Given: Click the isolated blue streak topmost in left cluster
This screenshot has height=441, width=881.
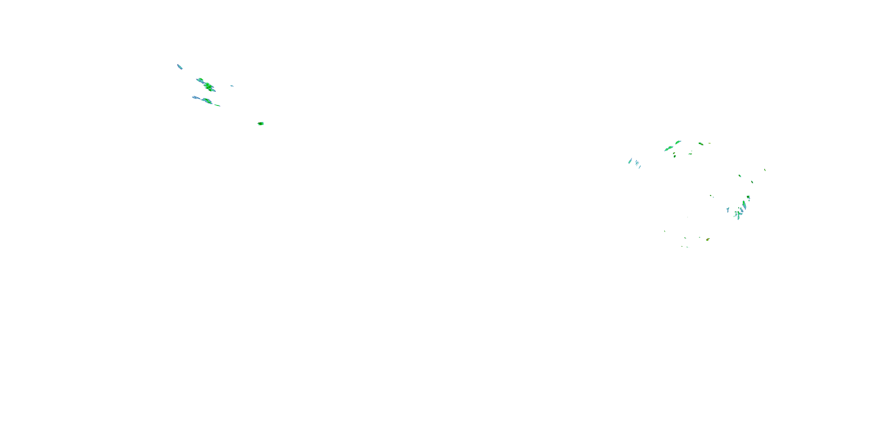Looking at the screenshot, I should pyautogui.click(x=179, y=66).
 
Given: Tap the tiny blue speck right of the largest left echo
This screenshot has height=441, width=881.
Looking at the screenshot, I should pyautogui.click(x=232, y=86).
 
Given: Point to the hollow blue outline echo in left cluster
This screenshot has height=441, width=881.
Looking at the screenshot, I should pyautogui.click(x=196, y=98).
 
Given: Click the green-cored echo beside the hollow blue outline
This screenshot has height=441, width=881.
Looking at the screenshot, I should pyautogui.click(x=207, y=101).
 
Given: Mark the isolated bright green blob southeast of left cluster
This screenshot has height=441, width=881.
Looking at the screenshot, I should pyautogui.click(x=260, y=123).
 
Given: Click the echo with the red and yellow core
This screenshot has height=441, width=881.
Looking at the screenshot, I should pyautogui.click(x=708, y=239).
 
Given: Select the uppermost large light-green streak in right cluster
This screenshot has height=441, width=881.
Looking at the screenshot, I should pyautogui.click(x=678, y=142).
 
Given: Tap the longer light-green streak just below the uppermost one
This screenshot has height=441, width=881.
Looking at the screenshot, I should pyautogui.click(x=669, y=148).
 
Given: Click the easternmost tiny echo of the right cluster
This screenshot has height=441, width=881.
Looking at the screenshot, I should pyautogui.click(x=765, y=170).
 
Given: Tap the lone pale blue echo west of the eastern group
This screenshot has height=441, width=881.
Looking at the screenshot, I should pyautogui.click(x=728, y=209).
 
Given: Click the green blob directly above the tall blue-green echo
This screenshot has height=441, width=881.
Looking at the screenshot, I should pyautogui.click(x=748, y=197).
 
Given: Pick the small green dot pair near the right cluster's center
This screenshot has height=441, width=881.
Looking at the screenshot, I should pyautogui.click(x=712, y=196).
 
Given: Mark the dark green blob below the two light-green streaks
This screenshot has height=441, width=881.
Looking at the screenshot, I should pyautogui.click(x=675, y=156).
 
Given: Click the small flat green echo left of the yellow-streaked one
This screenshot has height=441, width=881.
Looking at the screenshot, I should pyautogui.click(x=690, y=154).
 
